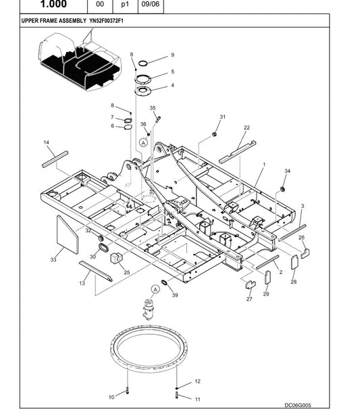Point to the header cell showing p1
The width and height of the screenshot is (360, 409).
coord(124,4)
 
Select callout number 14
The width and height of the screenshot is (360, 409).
coord(46,142)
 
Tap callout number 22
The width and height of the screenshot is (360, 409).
coord(247,128)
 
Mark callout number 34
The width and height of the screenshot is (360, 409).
coord(287,171)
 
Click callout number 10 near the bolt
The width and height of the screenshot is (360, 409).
coord(111,398)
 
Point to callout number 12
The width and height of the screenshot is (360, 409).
coord(197,381)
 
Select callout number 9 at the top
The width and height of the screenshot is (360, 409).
coord(172,55)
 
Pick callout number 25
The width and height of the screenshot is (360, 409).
coord(126,272)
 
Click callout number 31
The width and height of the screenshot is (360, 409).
coord(222,117)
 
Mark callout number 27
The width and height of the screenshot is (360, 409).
coord(249,298)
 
